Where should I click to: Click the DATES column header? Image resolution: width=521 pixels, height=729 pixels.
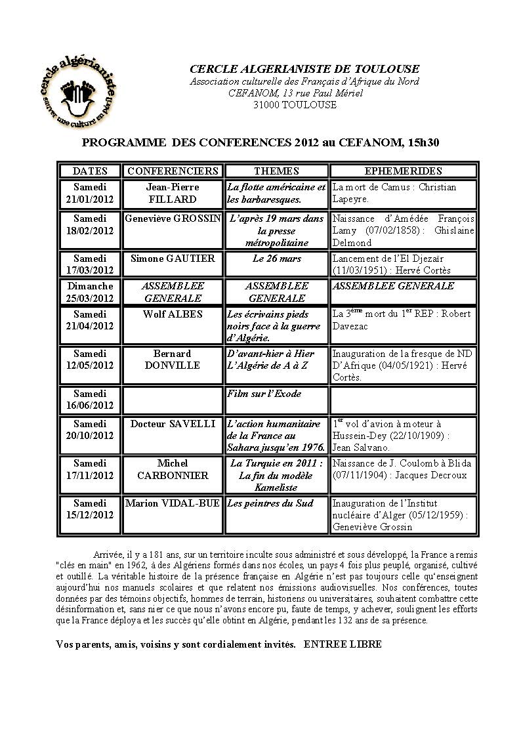click(90, 171)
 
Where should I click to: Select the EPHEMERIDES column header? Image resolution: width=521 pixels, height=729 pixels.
click(403, 171)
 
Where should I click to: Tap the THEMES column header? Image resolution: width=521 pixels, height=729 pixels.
click(276, 171)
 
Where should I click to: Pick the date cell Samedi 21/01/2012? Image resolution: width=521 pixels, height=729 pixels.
click(90, 193)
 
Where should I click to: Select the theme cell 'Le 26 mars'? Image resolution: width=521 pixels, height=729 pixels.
click(276, 259)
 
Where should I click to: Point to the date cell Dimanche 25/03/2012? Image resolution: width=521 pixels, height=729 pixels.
click(90, 292)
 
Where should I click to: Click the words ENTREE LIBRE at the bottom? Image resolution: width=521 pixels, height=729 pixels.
click(343, 644)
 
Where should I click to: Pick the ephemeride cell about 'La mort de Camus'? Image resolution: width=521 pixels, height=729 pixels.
click(403, 193)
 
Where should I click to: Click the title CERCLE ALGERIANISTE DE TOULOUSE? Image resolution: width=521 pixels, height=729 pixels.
click(304, 69)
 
